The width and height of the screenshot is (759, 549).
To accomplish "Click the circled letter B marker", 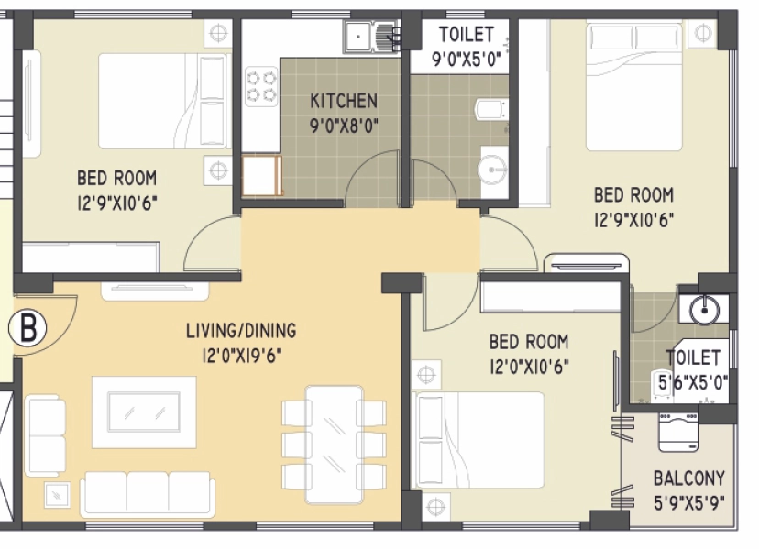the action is coord(27,328).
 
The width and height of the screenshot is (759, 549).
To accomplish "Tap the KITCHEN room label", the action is coord(344,101).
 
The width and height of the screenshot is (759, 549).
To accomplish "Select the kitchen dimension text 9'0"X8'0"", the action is coord(344,126).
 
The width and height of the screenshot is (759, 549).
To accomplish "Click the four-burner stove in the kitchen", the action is coord(261,86).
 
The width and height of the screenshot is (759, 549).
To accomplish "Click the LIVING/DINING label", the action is coord(241,330).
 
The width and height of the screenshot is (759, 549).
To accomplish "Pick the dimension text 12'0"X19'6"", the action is coord(242,356).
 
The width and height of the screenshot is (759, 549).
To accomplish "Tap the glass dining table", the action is coord(334,445).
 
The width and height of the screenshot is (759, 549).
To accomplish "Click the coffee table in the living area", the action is coord(144,412).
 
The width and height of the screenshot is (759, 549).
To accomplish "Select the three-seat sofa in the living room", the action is coord(148,493).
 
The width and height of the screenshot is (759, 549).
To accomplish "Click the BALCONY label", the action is coord(689,478).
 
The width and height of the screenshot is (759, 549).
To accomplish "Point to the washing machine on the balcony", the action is coord(677,432).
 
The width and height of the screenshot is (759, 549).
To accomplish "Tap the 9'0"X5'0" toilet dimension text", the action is coord(467,60).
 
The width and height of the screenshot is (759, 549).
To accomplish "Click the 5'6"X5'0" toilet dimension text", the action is coord(693,383).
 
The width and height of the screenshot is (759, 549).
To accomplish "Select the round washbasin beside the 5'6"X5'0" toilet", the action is coord(704,309).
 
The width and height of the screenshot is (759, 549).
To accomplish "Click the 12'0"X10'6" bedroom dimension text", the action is coord(529,367).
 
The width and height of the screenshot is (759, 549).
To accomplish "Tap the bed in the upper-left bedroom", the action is coord(162,101).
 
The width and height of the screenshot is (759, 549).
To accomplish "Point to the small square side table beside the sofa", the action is coord(57,495).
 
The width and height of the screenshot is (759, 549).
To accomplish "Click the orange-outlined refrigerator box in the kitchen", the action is coord(262,175).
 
